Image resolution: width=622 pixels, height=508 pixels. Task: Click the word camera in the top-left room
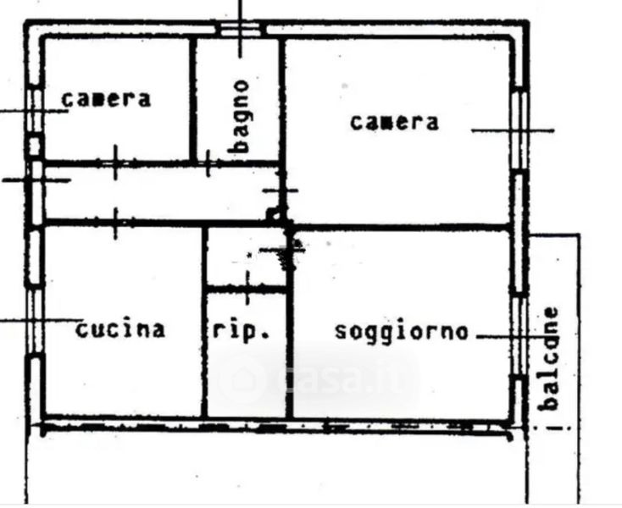point(106,99)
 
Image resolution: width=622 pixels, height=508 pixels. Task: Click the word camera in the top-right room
point(395,122)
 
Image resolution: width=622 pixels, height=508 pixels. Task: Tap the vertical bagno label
point(242,116)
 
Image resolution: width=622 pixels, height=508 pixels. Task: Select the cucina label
point(120,329)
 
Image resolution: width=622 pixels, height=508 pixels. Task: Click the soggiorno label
point(401,330)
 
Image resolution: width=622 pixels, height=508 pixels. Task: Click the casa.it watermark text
point(345,379)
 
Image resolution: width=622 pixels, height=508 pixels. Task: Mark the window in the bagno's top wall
point(241,30)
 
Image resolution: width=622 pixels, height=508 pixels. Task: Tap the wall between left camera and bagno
point(192,97)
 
